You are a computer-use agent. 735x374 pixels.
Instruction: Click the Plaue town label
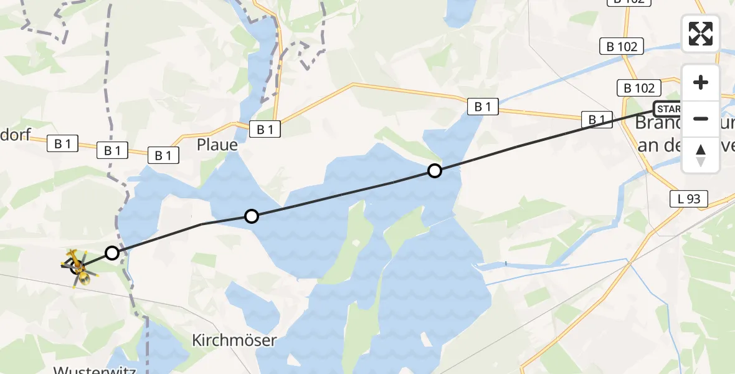[217, 145]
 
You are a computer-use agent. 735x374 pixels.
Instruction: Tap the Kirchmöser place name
[234, 341]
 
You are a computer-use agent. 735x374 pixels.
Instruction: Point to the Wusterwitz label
[95, 369]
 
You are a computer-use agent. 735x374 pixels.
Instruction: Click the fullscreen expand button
[701, 34]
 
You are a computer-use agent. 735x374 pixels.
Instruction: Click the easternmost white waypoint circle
[435, 170]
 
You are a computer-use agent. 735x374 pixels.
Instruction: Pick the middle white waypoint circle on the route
[251, 216]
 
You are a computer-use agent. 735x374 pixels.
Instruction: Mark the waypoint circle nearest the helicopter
[111, 253]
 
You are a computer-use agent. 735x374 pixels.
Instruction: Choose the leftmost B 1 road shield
[62, 144]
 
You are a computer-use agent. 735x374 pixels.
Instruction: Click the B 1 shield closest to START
[597, 118]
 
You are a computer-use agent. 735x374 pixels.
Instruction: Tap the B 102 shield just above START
[639, 88]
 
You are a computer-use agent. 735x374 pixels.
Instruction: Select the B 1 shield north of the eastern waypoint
[483, 107]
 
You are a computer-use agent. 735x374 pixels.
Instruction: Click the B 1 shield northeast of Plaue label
[265, 129]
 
